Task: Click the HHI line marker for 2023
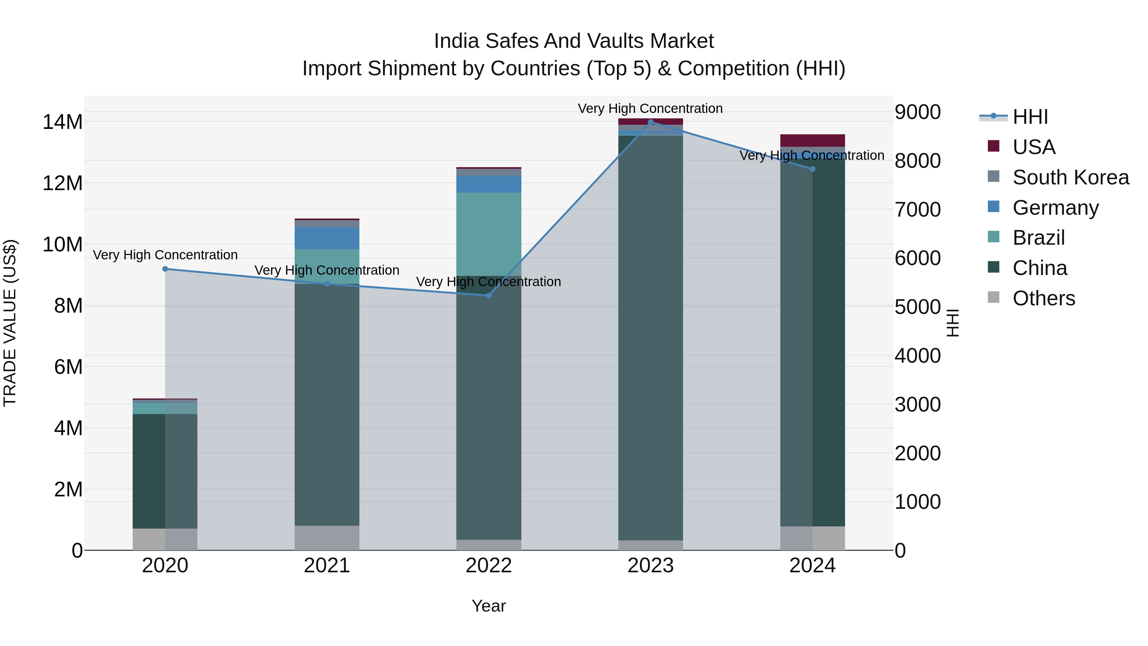[x=650, y=122]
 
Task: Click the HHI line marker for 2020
[x=165, y=269]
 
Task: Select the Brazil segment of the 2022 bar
[x=489, y=234]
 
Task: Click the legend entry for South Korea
[x=1071, y=177]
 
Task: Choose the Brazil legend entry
[x=1038, y=238]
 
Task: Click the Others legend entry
[x=1043, y=298]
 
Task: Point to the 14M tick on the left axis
[x=63, y=122]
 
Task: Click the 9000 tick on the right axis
[x=917, y=112]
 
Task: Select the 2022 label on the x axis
[x=489, y=566]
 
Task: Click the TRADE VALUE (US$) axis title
[x=10, y=323]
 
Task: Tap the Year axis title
[x=489, y=606]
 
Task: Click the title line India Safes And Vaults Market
[x=574, y=41]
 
